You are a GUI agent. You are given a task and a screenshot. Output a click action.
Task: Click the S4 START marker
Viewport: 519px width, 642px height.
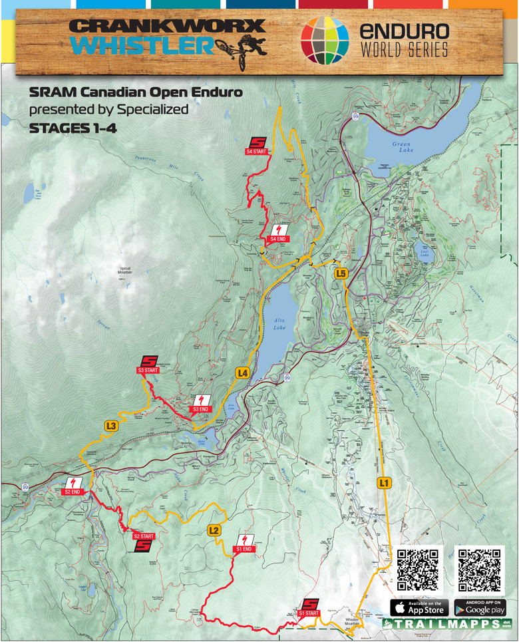[x=256, y=146]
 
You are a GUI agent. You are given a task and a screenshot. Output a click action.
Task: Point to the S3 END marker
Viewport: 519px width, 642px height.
[x=200, y=402]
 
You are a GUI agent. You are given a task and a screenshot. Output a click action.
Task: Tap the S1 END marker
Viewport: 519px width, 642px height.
[x=244, y=543]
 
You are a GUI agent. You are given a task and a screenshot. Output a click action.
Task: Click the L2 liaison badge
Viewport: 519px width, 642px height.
[x=214, y=530]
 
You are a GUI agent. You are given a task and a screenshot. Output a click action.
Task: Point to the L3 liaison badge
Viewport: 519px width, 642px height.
[x=112, y=426]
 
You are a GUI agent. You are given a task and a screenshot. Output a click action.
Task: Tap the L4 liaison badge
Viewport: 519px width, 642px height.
[x=243, y=374]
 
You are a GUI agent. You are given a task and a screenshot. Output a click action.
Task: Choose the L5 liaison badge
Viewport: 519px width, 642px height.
[x=341, y=273]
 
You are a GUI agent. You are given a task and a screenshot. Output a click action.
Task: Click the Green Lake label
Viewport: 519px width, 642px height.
[x=401, y=147]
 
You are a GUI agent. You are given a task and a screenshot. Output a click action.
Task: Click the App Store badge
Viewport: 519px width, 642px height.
[x=419, y=607]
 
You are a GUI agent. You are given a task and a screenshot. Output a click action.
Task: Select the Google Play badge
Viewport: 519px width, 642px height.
[x=480, y=607]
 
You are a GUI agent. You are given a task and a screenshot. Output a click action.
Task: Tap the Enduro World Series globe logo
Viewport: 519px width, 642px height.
[x=325, y=40]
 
